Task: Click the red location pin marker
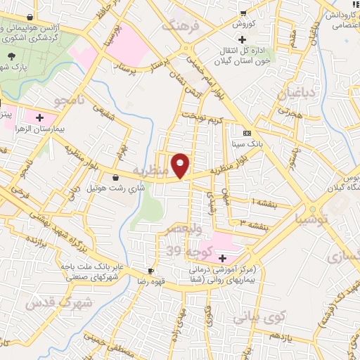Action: [x=181, y=165]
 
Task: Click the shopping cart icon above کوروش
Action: [x=243, y=12]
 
